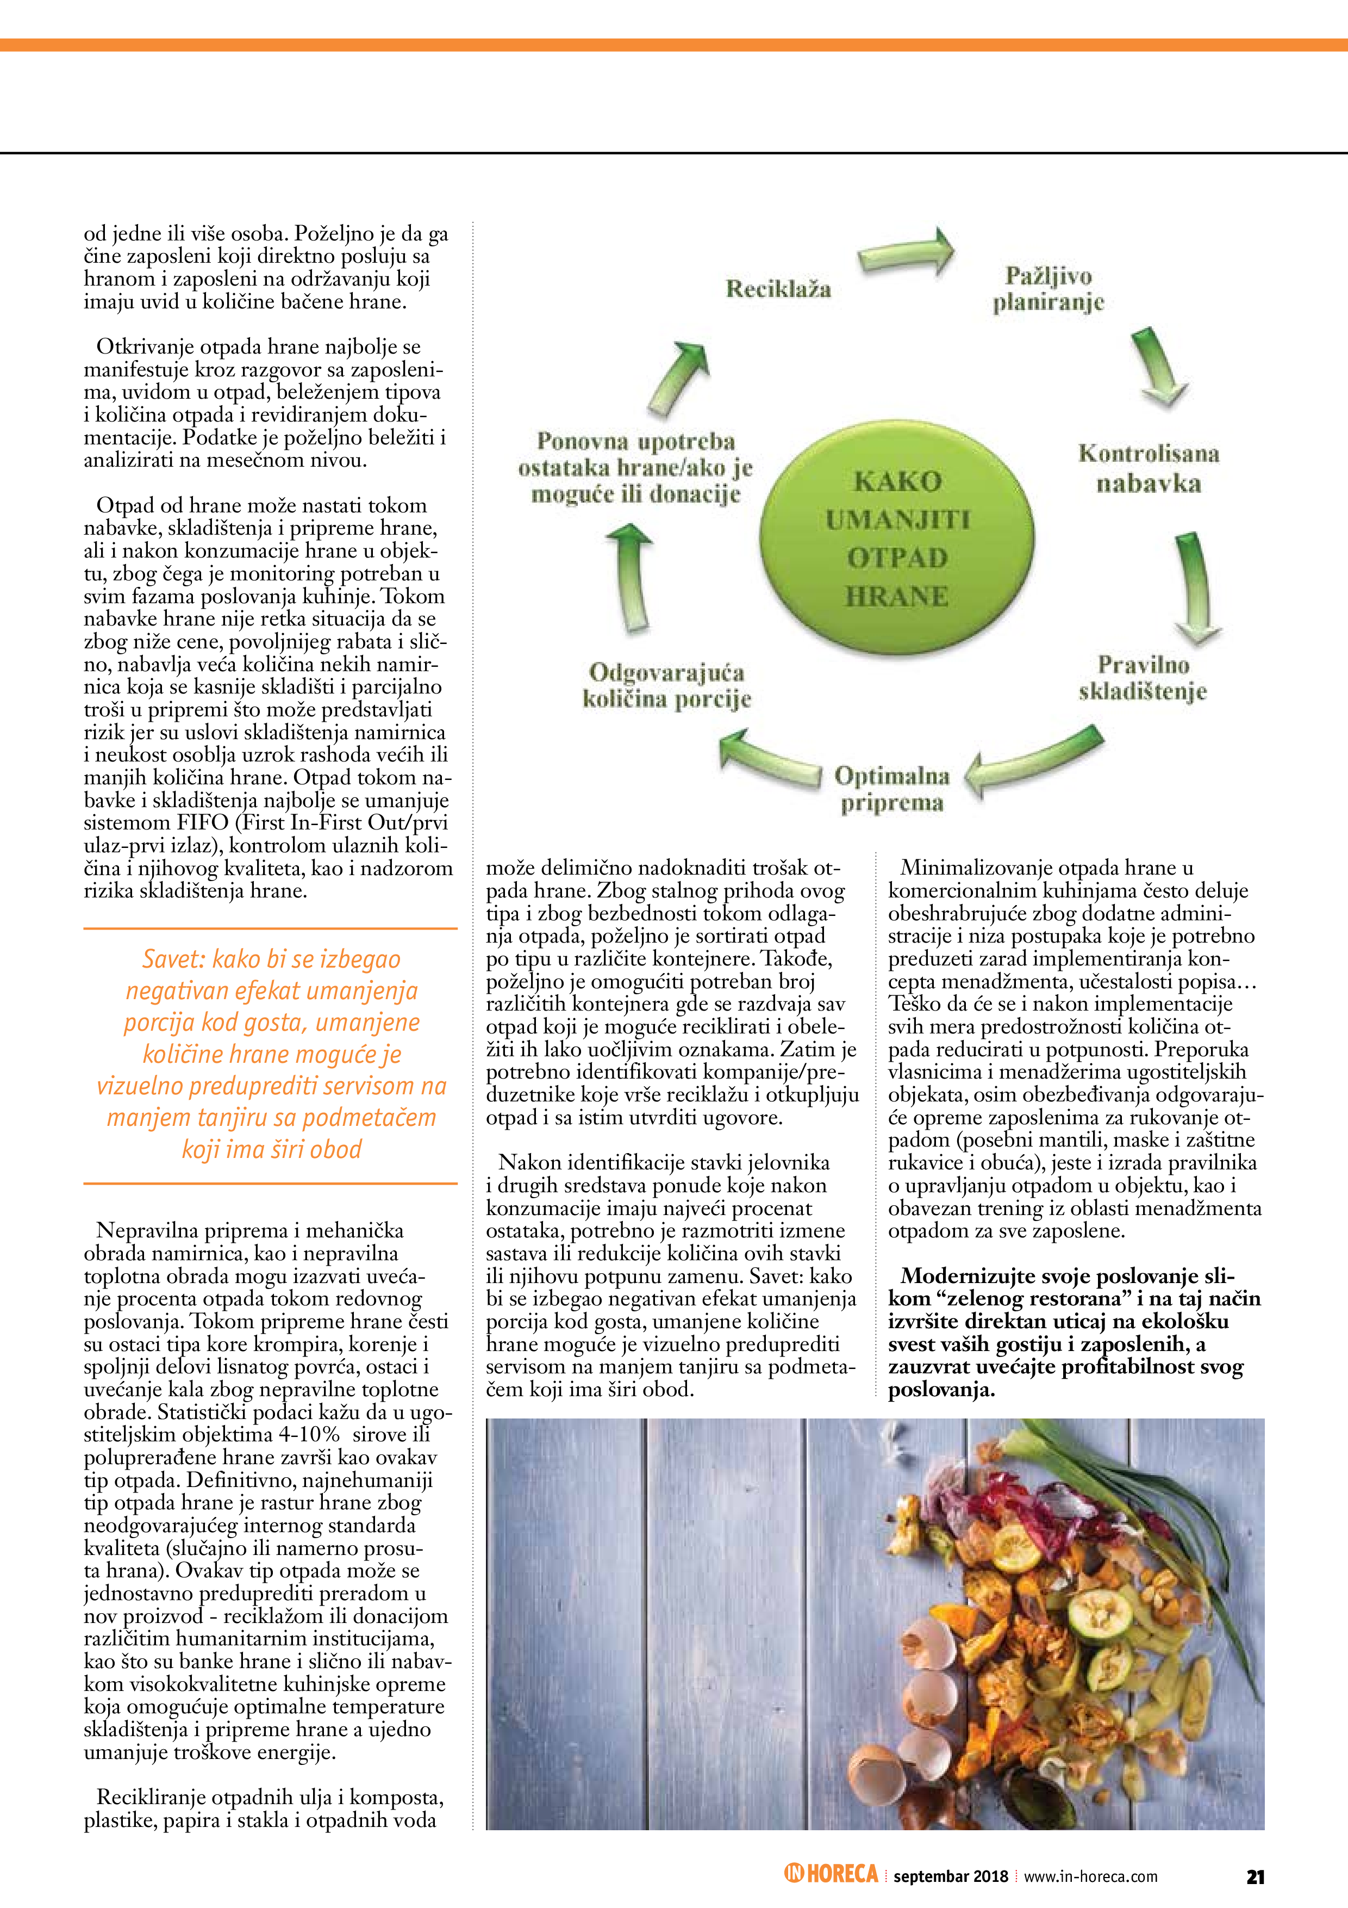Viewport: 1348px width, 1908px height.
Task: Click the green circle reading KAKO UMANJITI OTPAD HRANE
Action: pyautogui.click(x=897, y=538)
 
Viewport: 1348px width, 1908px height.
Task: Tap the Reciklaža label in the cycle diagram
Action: pyautogui.click(x=778, y=289)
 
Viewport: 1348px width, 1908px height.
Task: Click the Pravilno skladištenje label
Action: pyautogui.click(x=1143, y=678)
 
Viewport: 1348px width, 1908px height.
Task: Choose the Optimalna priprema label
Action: pyautogui.click(x=892, y=789)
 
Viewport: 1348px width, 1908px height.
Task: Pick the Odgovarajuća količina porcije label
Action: pyautogui.click(x=667, y=685)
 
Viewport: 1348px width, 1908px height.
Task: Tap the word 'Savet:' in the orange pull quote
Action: pyautogui.click(x=173, y=960)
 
